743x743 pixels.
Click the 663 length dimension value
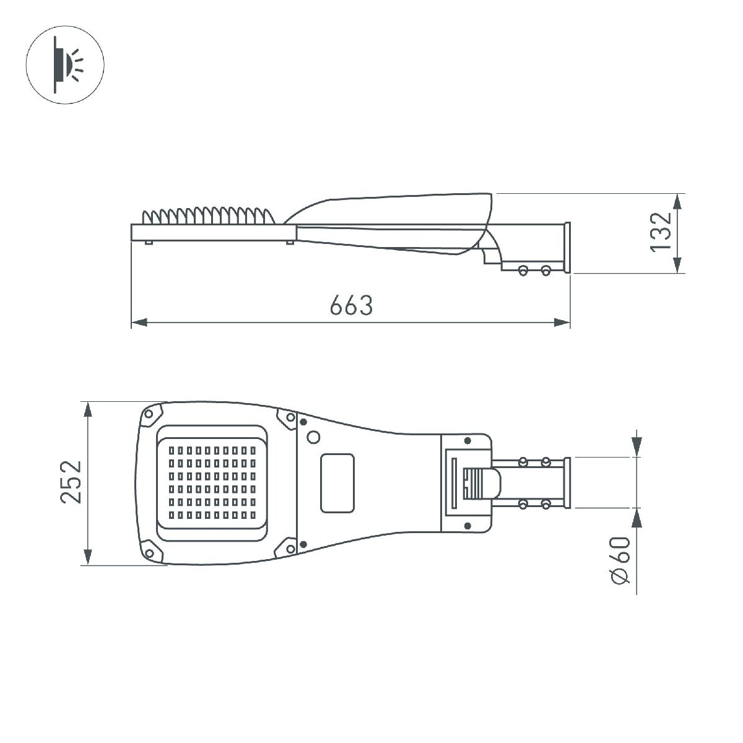(351, 305)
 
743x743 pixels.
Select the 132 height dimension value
(661, 232)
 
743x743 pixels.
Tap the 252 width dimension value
(72, 481)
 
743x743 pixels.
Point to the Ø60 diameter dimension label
(620, 560)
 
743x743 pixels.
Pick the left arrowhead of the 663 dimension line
(139, 323)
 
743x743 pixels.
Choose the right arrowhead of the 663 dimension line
(562, 323)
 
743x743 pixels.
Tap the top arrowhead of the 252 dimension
(88, 411)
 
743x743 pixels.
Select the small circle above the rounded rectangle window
(314, 437)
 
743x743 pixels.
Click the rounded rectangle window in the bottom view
(337, 482)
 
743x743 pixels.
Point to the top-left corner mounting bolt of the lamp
(149, 414)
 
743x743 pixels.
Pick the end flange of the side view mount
(566, 248)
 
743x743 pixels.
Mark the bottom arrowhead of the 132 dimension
(678, 264)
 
